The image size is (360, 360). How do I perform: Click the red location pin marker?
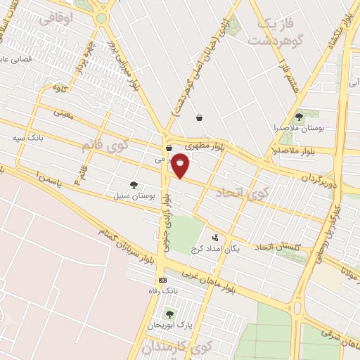pyautogui.click(x=181, y=165)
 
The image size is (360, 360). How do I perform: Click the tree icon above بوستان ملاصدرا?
pyautogui.click(x=299, y=117)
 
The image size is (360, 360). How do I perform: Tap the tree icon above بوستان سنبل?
pyautogui.click(x=134, y=185)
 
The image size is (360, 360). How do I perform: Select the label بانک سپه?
pyautogui.click(x=27, y=138)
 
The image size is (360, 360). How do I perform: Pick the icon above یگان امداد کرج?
pyautogui.click(x=214, y=237)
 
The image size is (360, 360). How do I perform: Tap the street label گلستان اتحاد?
pyautogui.click(x=279, y=247)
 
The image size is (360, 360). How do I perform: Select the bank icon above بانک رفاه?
pyautogui.click(x=163, y=280)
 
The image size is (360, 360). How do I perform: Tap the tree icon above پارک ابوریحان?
pyautogui.click(x=168, y=314)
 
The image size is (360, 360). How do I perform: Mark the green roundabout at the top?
pyautogui.click(x=103, y=18)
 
